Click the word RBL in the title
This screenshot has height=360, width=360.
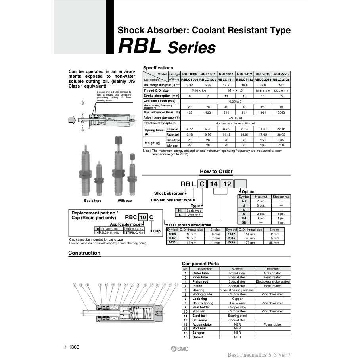(139, 47)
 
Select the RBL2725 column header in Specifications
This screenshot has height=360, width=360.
(281, 74)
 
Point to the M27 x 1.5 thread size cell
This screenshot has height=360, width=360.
(281, 90)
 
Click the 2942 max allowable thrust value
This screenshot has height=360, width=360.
(281, 112)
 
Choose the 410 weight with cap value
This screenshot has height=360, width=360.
(281, 145)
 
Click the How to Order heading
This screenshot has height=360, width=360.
(216, 172)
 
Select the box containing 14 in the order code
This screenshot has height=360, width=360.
(214, 184)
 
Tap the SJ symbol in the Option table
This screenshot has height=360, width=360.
(244, 218)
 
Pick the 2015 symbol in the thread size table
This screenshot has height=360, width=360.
(232, 238)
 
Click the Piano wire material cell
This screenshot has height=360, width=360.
(237, 303)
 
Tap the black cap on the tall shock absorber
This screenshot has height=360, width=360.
(118, 141)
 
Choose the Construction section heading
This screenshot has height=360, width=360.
(84, 253)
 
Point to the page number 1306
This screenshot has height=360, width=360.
(74, 347)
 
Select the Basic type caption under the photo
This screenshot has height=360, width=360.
(92, 201)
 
